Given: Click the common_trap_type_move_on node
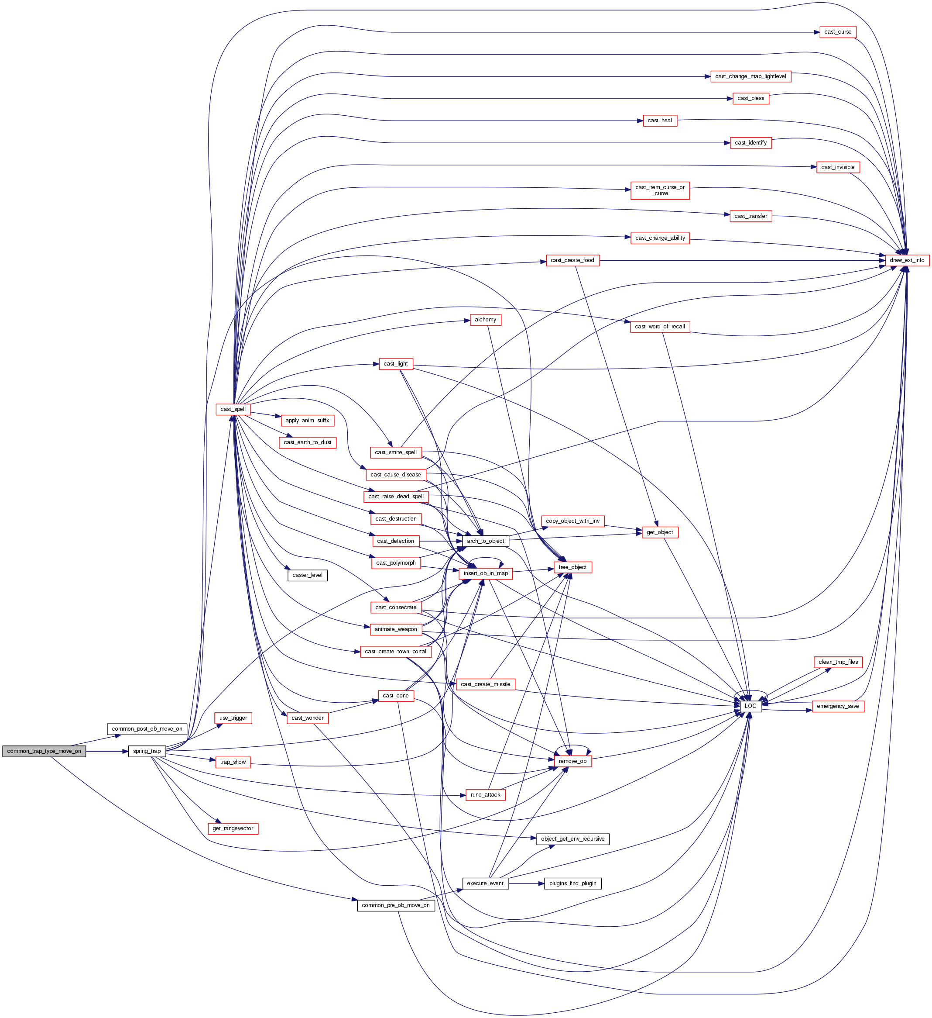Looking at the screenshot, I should [x=44, y=751].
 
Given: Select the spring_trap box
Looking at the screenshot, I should [x=147, y=751].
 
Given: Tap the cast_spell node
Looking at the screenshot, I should [x=233, y=409].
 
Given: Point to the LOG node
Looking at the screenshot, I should [x=750, y=706].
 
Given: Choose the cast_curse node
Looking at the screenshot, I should [x=838, y=32].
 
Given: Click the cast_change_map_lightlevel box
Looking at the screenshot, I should [x=750, y=76].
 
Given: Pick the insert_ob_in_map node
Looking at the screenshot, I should [x=486, y=573].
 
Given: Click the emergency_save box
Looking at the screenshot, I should [x=838, y=706].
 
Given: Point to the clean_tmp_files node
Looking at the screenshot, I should [x=838, y=662].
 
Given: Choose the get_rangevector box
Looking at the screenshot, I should [x=233, y=828].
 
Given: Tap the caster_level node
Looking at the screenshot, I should [x=307, y=575].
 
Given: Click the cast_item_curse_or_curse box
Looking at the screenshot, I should [x=660, y=190].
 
